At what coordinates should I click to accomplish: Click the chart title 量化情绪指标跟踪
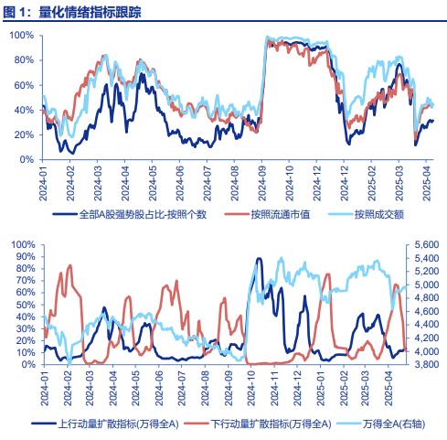[90, 13]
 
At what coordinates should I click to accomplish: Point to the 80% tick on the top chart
[24, 60]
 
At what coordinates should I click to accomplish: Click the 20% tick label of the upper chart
[24, 134]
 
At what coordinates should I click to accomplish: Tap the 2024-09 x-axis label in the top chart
[261, 184]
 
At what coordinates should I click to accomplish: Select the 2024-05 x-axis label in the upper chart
[152, 184]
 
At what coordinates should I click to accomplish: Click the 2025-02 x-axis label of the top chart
[371, 184]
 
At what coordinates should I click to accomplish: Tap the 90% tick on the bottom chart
[26, 256]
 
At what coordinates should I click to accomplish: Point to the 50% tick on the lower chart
[26, 305]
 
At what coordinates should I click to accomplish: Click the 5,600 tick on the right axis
[427, 244]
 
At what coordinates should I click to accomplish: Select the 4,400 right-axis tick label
[427, 325]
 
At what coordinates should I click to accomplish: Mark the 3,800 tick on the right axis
[427, 364]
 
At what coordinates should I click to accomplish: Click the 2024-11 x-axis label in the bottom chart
[274, 388]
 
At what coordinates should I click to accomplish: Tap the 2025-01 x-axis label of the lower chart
[321, 388]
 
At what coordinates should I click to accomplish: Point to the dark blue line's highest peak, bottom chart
[259, 259]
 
